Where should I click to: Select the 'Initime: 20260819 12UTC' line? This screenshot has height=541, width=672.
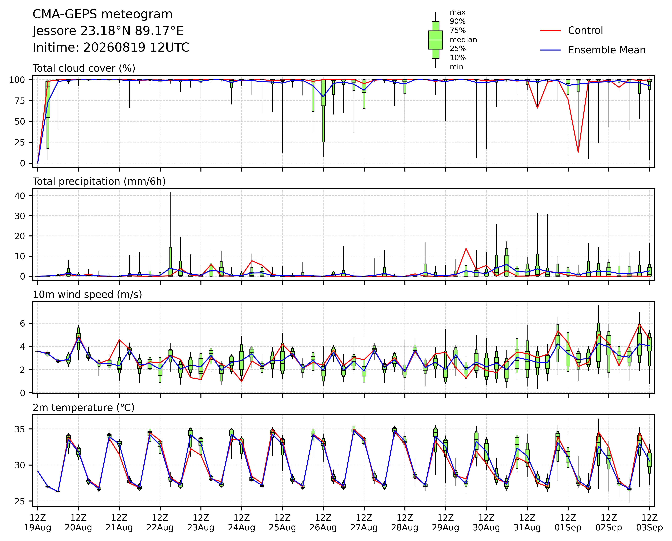pyautogui.click(x=111, y=47)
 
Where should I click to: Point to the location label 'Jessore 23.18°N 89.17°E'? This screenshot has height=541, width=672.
pyautogui.click(x=108, y=31)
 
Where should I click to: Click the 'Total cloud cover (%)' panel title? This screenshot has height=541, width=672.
pyautogui.click(x=84, y=68)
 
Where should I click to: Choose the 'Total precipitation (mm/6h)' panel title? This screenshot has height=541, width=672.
pyautogui.click(x=99, y=182)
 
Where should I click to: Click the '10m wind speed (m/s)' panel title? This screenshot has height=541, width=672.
pyautogui.click(x=87, y=295)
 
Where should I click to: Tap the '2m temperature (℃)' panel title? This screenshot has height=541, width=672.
pyautogui.click(x=84, y=408)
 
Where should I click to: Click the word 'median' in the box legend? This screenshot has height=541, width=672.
pyautogui.click(x=463, y=40)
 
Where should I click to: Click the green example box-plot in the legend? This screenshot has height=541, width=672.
pyautogui.click(x=435, y=40)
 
